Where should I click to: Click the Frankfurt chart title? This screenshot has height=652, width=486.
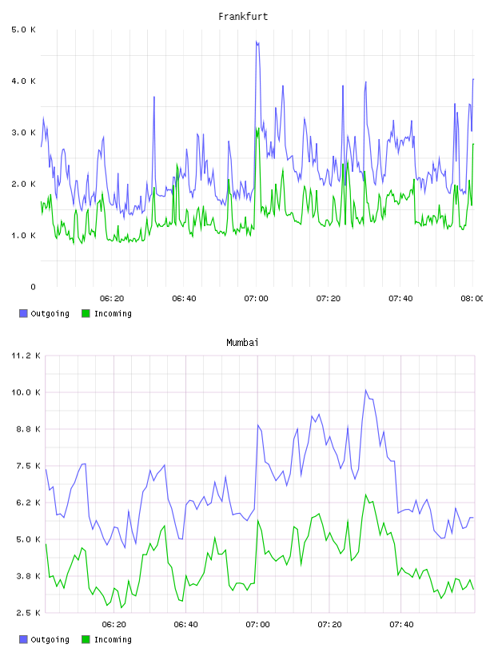[x=243, y=17]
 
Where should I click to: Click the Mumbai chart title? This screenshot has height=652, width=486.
[x=242, y=343]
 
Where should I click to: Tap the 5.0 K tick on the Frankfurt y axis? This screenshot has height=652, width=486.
[x=23, y=30]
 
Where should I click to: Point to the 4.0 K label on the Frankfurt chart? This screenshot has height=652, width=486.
[x=23, y=81]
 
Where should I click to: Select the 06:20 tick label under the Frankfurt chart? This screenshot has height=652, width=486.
[x=112, y=298]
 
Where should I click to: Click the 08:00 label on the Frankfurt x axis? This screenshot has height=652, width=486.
[x=472, y=298]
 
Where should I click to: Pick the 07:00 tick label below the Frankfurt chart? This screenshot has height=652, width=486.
[x=257, y=298]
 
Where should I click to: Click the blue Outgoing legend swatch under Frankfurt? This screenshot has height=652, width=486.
[x=23, y=313]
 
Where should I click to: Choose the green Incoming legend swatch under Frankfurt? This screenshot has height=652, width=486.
[x=86, y=313]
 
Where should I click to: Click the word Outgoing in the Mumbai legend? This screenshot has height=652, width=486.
[x=50, y=639]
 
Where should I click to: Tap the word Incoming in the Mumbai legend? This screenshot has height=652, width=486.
[x=113, y=639]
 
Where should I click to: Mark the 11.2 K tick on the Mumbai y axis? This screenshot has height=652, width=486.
[x=26, y=356]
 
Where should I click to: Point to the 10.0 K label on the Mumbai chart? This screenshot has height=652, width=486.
[x=26, y=392]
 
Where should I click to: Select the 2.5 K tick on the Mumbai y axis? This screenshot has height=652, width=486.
[x=28, y=613]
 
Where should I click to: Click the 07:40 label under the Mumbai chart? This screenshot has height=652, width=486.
[x=401, y=624]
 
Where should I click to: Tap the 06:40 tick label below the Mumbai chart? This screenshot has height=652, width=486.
[x=185, y=624]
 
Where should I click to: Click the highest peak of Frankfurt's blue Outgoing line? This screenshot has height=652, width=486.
[x=257, y=42]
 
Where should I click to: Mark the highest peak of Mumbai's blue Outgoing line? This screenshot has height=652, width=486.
[x=366, y=390]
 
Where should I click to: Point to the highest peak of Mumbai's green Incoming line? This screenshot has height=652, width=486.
[x=366, y=495]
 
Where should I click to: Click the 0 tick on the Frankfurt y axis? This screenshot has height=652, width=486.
[x=33, y=287]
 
